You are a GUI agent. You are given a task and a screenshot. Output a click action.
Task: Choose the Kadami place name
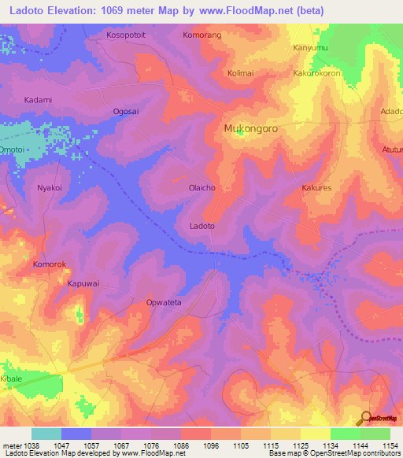[38, 100]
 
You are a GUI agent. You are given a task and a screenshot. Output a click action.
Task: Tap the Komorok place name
[51, 264]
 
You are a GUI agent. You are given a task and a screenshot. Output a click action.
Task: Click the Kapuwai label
[84, 283]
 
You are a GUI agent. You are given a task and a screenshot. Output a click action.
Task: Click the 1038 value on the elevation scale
[22, 445]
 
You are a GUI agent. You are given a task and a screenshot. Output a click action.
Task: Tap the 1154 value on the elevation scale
[391, 445]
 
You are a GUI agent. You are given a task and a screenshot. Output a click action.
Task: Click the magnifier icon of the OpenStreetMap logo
[365, 417]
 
